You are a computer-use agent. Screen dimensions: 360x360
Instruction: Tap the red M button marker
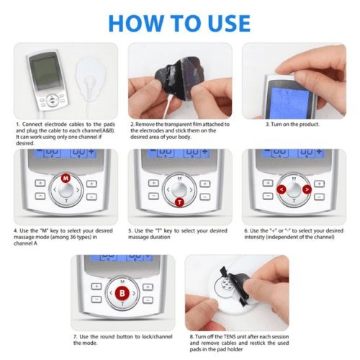(66, 177)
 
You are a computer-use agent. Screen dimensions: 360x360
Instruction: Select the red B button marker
(123, 294)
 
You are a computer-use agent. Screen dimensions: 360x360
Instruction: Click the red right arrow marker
(307, 191)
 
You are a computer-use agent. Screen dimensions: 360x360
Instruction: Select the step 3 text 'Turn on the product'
(288, 124)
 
